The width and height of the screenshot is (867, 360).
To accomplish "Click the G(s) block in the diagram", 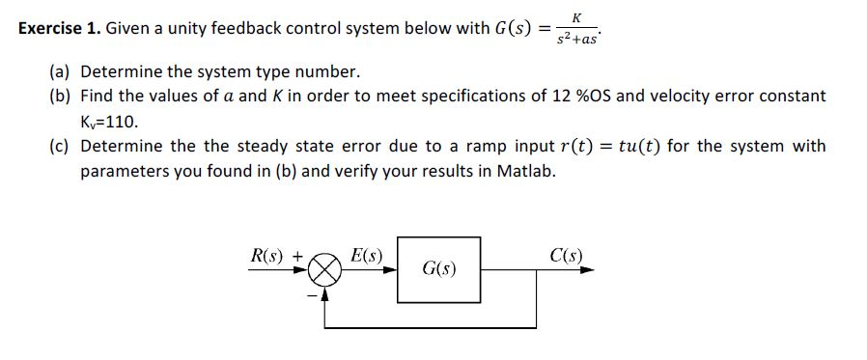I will point(439,269).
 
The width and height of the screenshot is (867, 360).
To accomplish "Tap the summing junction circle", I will point(324,271).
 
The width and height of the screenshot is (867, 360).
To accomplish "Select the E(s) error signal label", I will point(366,256).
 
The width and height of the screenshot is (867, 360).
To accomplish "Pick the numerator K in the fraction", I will point(576,16).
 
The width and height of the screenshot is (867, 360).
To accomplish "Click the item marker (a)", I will point(61,72).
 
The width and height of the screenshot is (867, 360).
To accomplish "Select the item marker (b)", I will point(61,96).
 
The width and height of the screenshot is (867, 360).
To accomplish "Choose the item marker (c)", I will point(61,147).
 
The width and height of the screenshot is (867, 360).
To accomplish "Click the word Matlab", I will point(528,172).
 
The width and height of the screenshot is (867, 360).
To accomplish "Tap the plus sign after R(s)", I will point(297,257).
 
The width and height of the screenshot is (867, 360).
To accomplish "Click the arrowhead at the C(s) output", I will point(587,271).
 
